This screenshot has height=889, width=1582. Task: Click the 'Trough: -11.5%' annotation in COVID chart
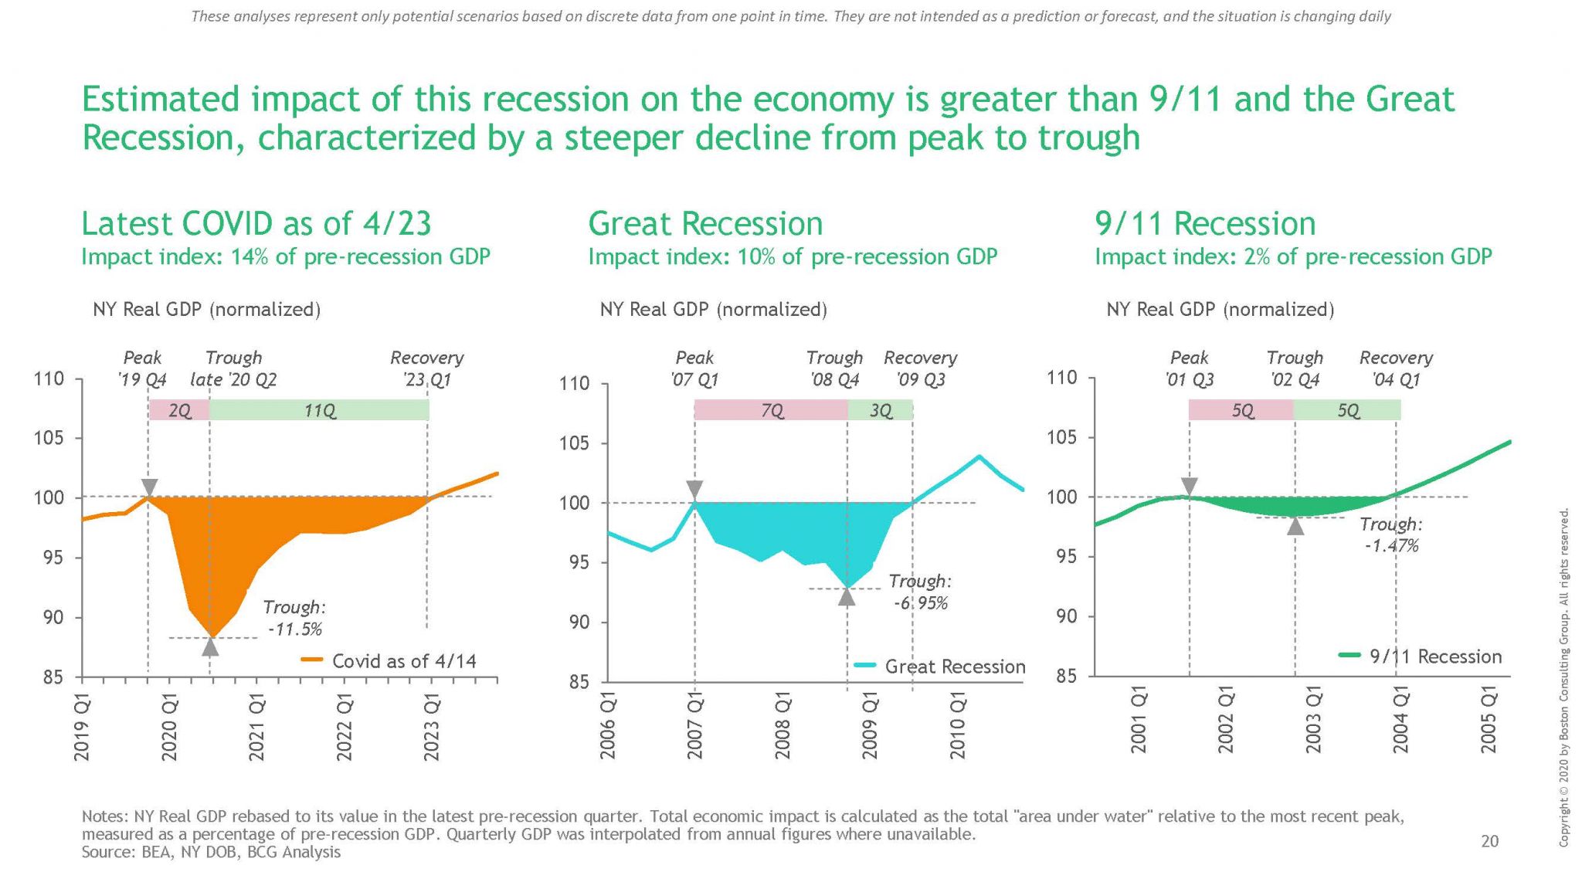tap(294, 618)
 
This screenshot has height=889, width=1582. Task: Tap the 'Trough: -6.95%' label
tap(919, 592)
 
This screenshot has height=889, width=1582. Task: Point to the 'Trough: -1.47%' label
tap(1390, 534)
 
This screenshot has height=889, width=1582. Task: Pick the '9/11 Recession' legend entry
tap(1421, 657)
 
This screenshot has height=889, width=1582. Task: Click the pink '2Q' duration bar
tap(179, 410)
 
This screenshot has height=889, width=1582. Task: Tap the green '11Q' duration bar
tap(319, 410)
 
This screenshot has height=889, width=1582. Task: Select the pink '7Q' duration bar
tap(771, 410)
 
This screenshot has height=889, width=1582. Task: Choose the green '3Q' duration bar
tap(881, 410)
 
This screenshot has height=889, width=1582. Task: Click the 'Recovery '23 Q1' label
tap(426, 368)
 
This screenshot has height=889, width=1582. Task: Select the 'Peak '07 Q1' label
tap(694, 368)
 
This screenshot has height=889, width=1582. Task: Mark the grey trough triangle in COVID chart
tap(210, 646)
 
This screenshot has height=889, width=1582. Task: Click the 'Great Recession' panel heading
tap(705, 224)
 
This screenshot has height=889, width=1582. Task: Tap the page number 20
tap(1489, 841)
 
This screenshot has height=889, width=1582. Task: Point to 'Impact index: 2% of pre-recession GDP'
tap(1293, 256)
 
